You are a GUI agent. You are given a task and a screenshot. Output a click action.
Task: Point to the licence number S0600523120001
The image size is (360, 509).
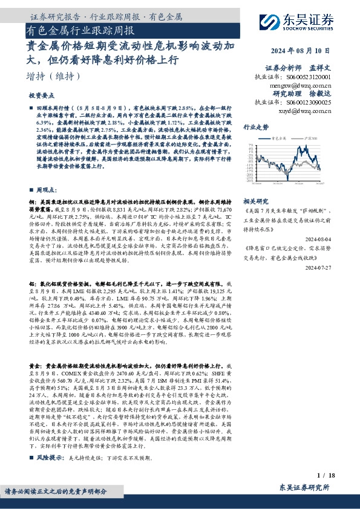308,78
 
